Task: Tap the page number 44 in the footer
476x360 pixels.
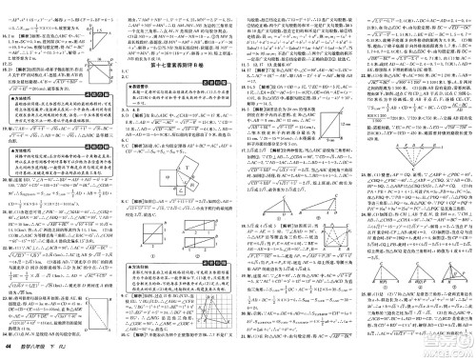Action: [8, 351]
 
